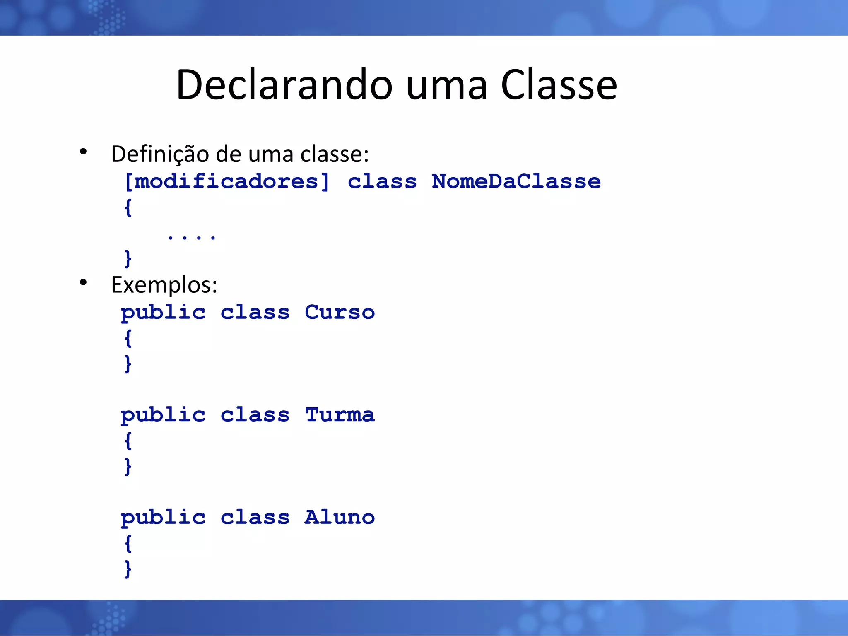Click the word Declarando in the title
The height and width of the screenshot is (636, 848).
[284, 85]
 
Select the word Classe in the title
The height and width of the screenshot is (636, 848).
[559, 85]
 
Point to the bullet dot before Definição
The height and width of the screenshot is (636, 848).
[83, 152]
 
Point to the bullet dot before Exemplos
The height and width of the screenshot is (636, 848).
[83, 282]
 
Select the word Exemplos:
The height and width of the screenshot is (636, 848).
[164, 285]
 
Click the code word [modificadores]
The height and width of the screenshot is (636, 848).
[227, 181]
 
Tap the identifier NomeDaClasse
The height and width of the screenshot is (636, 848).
[516, 181]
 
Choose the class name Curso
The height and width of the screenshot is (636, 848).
[340, 312]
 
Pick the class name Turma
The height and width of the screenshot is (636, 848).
[340, 415]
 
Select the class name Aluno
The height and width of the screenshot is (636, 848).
[340, 518]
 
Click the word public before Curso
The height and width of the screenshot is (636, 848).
[163, 313]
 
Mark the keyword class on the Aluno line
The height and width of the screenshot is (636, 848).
[255, 518]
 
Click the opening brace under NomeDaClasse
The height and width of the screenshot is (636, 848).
[128, 207]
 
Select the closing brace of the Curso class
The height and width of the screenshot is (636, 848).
[128, 364]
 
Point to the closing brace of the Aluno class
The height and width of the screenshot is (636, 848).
[128, 569]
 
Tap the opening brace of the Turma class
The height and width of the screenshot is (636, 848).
[128, 441]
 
